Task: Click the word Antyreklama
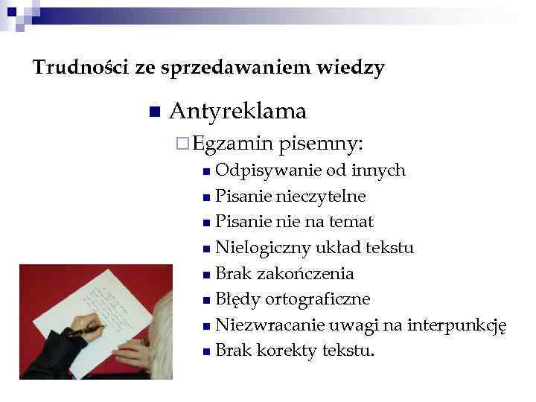(237, 112)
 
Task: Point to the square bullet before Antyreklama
(154, 112)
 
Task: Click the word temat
(352, 222)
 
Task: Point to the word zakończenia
(305, 273)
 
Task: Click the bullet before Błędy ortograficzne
(206, 300)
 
